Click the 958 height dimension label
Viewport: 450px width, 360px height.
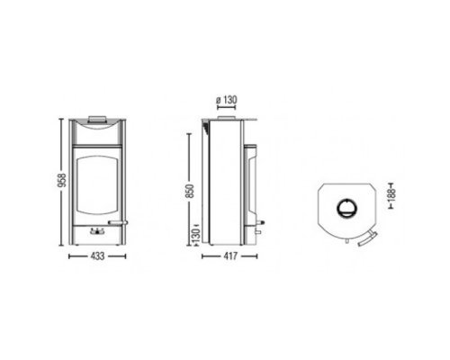(61, 180)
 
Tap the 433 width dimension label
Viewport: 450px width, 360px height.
(97, 256)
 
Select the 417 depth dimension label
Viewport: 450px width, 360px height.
(230, 256)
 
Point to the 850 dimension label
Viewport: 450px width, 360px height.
(190, 191)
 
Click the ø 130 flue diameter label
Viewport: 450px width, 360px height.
(227, 100)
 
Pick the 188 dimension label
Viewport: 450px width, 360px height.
(391, 195)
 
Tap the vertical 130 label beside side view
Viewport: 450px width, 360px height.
(196, 236)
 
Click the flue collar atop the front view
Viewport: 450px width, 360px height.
(97, 119)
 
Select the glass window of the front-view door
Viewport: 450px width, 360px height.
(96, 185)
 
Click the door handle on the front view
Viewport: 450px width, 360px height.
(118, 222)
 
